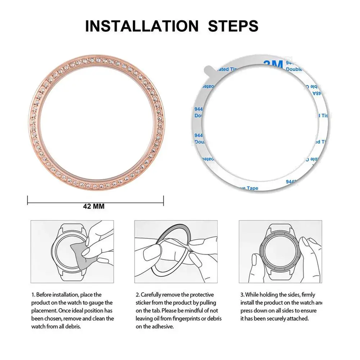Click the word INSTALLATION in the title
[141, 26]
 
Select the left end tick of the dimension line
[28, 201]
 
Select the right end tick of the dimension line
[164, 201]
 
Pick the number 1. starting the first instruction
[33, 295]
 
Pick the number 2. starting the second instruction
[137, 295]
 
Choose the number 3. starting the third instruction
[242, 295]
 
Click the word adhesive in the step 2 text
[164, 327]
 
